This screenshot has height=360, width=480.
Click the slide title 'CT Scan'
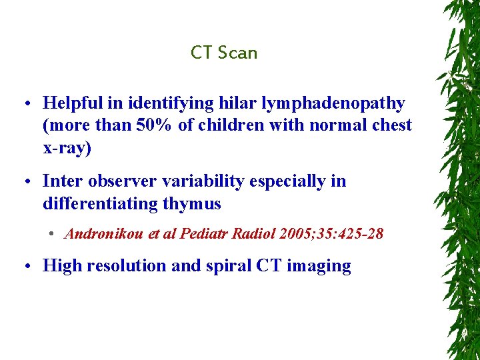(224, 53)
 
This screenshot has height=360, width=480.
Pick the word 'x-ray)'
(67, 148)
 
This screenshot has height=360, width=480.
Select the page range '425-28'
(362, 234)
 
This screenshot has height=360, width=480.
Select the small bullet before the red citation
(51, 235)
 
